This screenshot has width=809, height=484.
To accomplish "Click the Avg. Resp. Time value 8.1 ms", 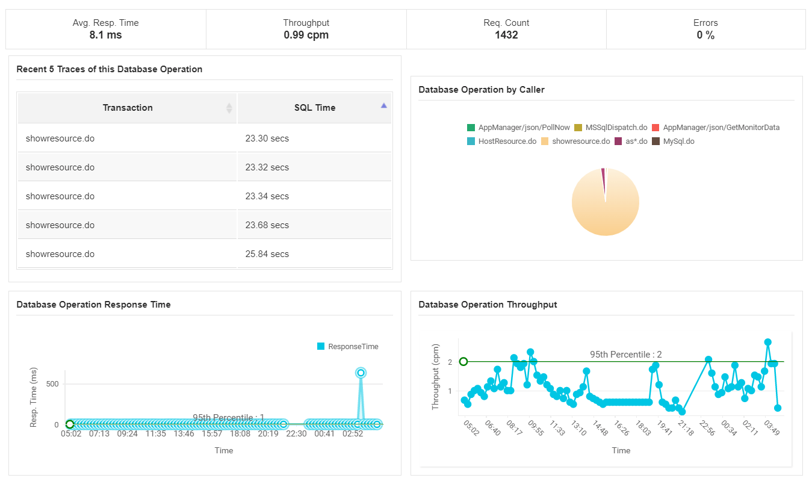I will (105, 35).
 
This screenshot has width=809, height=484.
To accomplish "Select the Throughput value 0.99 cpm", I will (306, 35).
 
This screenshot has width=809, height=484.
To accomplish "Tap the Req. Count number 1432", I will (506, 35).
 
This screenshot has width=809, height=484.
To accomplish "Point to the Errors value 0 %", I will (705, 35).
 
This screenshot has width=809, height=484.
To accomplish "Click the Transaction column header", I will (128, 108).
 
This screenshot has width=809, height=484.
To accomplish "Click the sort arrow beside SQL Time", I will (384, 105).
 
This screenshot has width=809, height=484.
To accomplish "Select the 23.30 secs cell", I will (267, 138).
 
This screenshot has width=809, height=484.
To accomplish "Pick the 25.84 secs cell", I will (267, 254).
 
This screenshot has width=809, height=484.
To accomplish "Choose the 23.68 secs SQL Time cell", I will (267, 225).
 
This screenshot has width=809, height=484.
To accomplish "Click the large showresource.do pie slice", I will (605, 208).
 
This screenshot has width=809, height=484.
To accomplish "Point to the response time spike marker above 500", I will (361, 373).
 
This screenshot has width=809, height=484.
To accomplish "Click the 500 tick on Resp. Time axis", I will (52, 384).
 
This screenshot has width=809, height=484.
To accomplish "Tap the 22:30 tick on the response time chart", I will (297, 433).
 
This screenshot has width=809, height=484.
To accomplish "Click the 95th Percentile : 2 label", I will (625, 355).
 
